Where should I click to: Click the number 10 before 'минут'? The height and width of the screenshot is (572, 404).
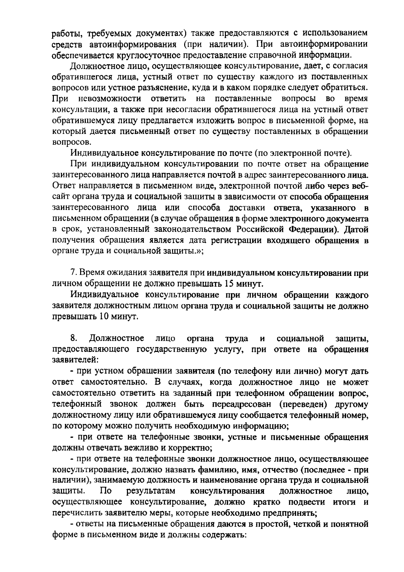point(103,317)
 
